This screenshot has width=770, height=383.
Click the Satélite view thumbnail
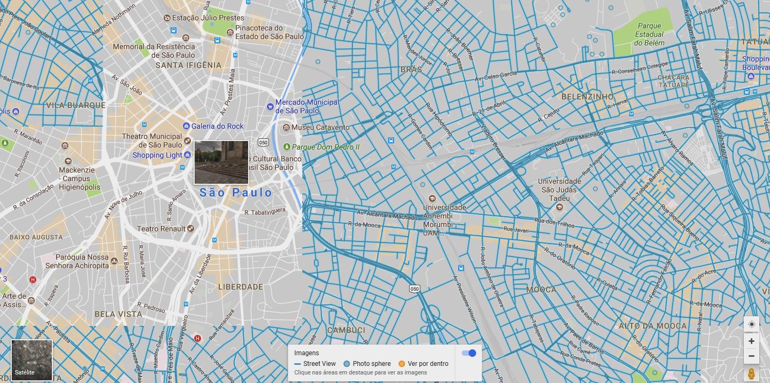[x=32, y=359]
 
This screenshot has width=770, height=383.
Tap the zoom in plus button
[x=751, y=341]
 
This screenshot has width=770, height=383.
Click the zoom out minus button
[x=751, y=356]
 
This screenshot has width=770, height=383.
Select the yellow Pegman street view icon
[x=751, y=374]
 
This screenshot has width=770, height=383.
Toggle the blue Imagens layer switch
[x=468, y=353]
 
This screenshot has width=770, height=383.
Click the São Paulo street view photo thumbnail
[x=221, y=162]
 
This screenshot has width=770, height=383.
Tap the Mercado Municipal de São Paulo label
[x=307, y=106]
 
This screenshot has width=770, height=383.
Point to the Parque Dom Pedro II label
[x=326, y=147]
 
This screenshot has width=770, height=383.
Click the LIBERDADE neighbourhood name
[x=241, y=287]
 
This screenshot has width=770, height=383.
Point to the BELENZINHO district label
[x=587, y=97]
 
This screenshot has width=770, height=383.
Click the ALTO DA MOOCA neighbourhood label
[x=652, y=326]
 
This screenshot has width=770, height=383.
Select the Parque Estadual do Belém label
[x=649, y=34]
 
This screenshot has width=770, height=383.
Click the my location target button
[x=751, y=324]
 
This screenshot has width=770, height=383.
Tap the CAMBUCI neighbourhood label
[x=346, y=330]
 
